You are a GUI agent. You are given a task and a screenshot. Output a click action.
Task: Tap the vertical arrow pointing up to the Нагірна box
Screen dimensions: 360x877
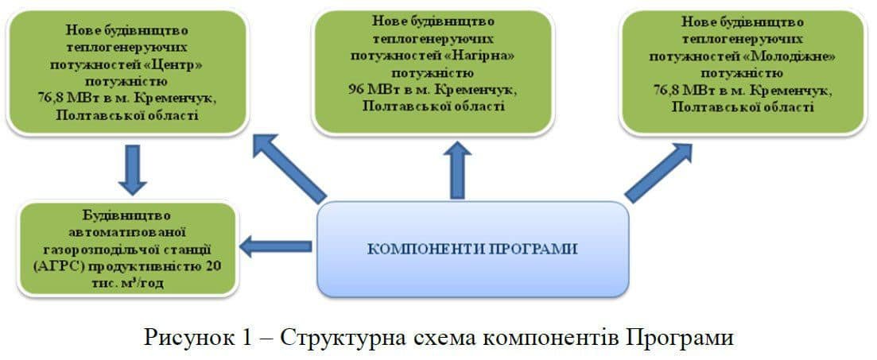(457, 170)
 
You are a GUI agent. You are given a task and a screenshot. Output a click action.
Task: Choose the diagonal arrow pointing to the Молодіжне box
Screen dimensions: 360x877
(658, 174)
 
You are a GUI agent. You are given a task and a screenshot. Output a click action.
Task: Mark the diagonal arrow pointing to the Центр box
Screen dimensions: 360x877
(289, 168)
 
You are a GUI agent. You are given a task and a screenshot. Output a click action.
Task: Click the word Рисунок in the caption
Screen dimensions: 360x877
(188, 337)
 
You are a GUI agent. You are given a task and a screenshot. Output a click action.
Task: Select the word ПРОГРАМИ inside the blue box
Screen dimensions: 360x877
(540, 249)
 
